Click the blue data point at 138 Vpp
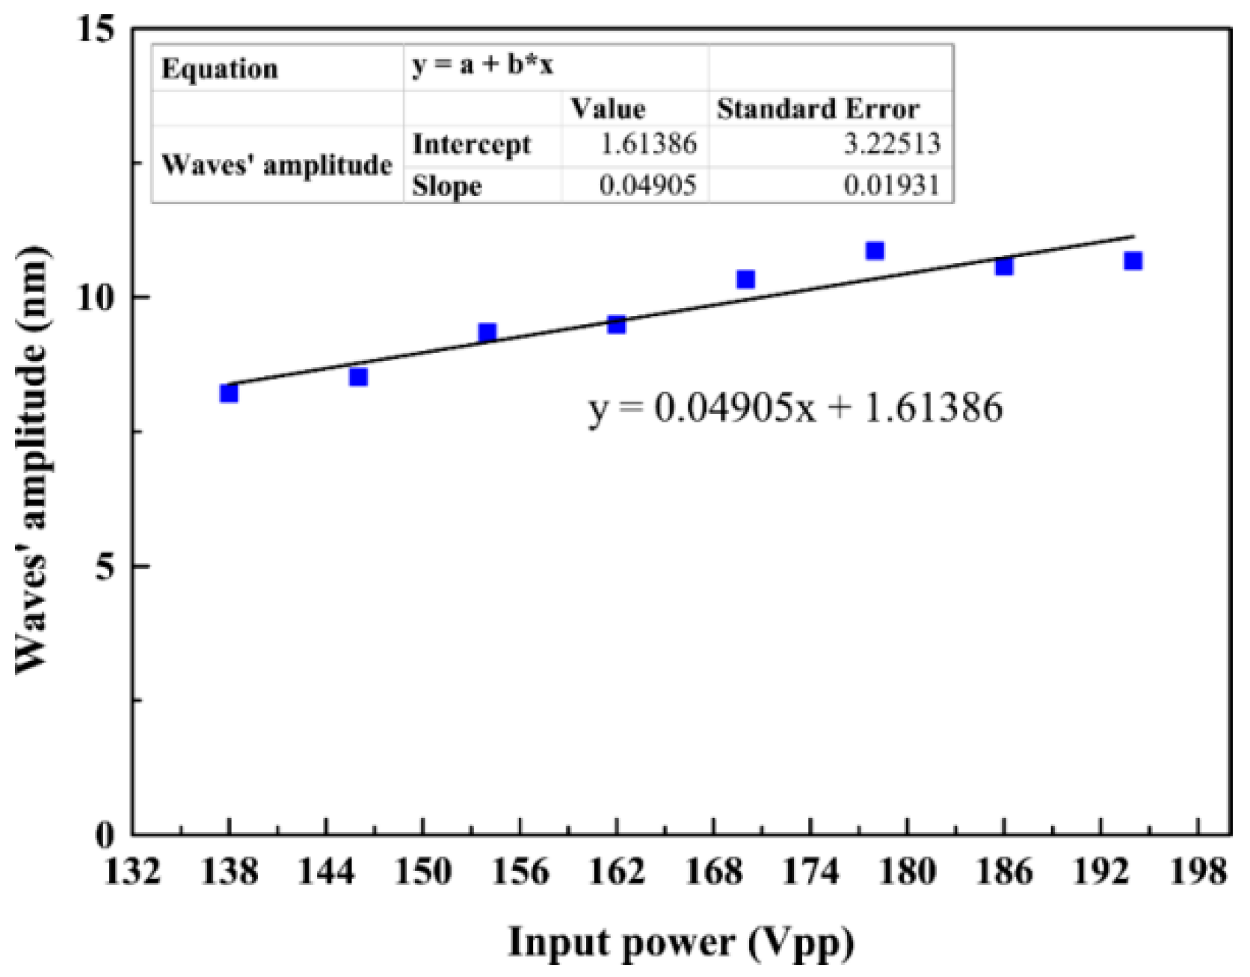[229, 392]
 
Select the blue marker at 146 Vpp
[358, 377]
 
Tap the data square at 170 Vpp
[745, 280]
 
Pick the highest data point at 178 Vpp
[875, 250]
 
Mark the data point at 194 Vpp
[1133, 261]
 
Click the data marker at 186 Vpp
[1004, 266]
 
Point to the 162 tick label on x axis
[616, 872]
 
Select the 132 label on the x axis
[132, 872]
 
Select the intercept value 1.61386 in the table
[648, 143]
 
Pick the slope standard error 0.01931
[891, 185]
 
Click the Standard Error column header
[818, 109]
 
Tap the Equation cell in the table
[220, 69]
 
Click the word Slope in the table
[446, 185]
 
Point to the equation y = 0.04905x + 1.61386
[795, 408]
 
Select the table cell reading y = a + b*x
[482, 66]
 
